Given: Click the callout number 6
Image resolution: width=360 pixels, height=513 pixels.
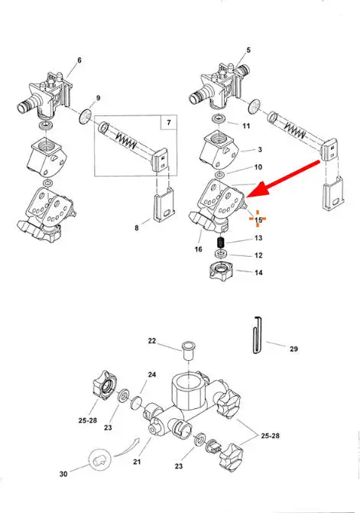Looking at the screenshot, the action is pyautogui.click(x=79, y=60).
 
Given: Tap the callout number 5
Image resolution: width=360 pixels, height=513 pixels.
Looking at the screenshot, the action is pyautogui.click(x=248, y=50).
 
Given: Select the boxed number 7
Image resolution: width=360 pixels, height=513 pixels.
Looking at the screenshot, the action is pyautogui.click(x=169, y=122).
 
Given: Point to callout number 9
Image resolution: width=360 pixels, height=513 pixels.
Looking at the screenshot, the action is pyautogui.click(x=98, y=98).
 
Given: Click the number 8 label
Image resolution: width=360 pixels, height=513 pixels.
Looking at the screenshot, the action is pyautogui.click(x=137, y=228).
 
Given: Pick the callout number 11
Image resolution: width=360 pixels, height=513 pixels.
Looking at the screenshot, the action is pyautogui.click(x=246, y=126).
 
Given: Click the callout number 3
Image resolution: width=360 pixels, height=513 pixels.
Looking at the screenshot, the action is pyautogui.click(x=260, y=150).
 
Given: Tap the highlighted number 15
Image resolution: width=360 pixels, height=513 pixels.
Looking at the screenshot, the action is pyautogui.click(x=258, y=220).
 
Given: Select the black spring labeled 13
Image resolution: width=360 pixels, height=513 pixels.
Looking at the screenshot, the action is pyautogui.click(x=222, y=243).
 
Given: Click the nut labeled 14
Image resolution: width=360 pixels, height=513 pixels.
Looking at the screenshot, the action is pyautogui.click(x=221, y=271).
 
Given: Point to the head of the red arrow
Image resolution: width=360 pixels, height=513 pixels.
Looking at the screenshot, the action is pyautogui.click(x=247, y=196).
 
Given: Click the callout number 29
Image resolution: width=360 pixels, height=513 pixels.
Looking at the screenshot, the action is pyautogui.click(x=294, y=349).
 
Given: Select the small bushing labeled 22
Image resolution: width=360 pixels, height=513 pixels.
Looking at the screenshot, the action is pyautogui.click(x=188, y=350).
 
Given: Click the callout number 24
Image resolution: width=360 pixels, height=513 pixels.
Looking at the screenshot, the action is pyautogui.click(x=152, y=375).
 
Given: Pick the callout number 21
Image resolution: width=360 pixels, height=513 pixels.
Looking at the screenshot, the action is pyautogui.click(x=137, y=462).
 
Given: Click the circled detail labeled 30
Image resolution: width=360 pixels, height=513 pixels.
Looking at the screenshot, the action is pyautogui.click(x=99, y=460).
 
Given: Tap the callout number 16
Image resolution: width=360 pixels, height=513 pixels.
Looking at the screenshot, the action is pyautogui.click(x=199, y=249).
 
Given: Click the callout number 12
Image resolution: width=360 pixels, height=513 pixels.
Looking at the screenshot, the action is pyautogui.click(x=258, y=255).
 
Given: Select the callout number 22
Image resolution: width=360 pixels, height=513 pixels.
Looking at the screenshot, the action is pyautogui.click(x=152, y=341).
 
